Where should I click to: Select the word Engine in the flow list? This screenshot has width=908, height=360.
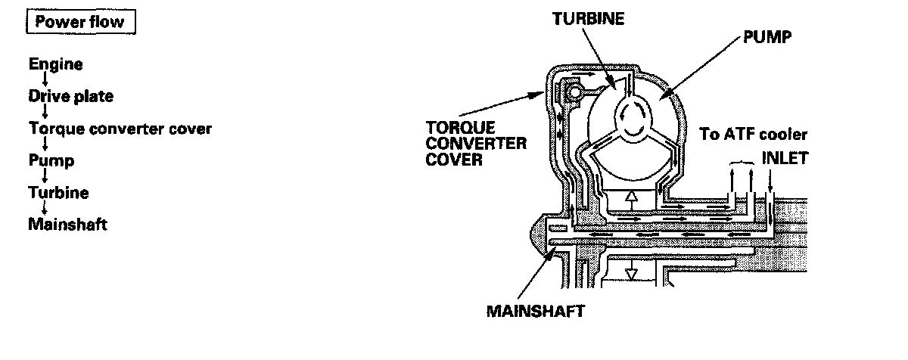[x=55, y=65]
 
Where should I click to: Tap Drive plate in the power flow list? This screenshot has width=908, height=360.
[x=70, y=97]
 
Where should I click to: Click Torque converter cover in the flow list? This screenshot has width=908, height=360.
[x=120, y=129]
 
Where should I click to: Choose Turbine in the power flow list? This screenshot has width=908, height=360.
[x=58, y=192]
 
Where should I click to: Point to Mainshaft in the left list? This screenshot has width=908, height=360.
[x=67, y=224]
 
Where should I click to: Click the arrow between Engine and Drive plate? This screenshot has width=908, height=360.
[x=45, y=81]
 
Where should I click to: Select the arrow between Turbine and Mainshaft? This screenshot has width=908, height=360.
[x=45, y=208]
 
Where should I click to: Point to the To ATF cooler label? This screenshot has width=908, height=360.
[x=754, y=135]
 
